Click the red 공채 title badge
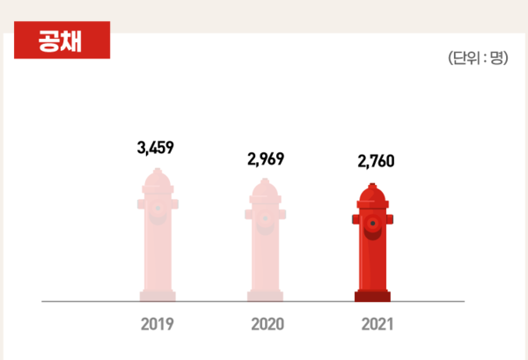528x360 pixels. coord(61,41)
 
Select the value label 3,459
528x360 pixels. coord(156,147)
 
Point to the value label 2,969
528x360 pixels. coord(266,159)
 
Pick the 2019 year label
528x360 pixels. coord(157,324)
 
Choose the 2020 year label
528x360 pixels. coord(267,324)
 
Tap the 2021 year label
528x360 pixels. coord(377,324)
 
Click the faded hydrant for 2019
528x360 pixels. coord(158,238)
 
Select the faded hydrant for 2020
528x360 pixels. coord(265,242)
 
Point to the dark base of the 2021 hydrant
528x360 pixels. coord(372,296)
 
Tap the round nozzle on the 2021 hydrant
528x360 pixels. coord(374,224)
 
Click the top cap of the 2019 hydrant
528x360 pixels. coord(158,177)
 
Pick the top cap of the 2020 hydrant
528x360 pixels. coord(265,185)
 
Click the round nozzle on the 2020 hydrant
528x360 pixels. coord(266,220)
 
